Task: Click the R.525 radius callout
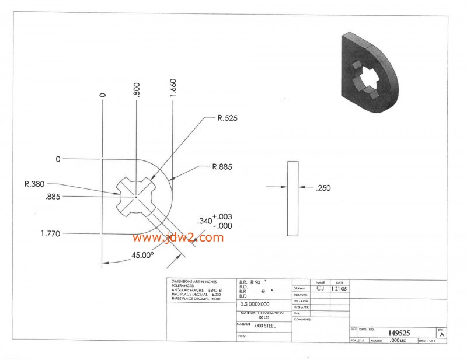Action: click(x=227, y=118)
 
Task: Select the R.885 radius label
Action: click(x=222, y=167)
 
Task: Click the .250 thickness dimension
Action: click(x=323, y=188)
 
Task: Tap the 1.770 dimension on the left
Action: click(x=51, y=233)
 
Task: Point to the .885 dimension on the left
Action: click(x=53, y=197)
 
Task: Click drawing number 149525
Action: click(x=399, y=333)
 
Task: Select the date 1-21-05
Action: click(x=340, y=288)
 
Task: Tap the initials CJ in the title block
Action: click(x=320, y=288)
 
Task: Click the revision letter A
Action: click(x=442, y=334)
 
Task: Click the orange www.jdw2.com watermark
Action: click(x=177, y=237)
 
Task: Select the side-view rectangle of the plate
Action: click(x=292, y=198)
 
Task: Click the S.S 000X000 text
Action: click(x=255, y=304)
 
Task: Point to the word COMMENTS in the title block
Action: click(x=302, y=319)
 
